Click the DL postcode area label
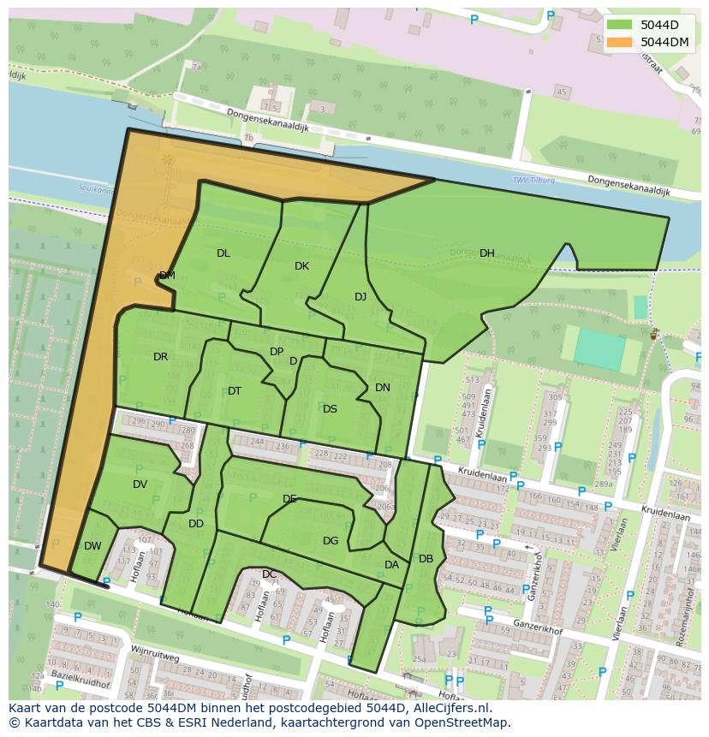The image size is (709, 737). click(x=223, y=253)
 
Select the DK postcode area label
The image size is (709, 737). click(x=301, y=266)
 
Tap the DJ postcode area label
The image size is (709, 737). click(x=360, y=297)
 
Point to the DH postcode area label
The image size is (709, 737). click(x=486, y=253)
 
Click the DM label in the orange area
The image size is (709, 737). click(x=167, y=276)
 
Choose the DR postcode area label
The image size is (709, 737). click(x=160, y=357)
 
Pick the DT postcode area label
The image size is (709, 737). click(x=235, y=391)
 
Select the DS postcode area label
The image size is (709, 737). click(x=330, y=409)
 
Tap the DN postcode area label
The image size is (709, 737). click(x=383, y=388)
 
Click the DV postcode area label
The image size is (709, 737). click(x=140, y=484)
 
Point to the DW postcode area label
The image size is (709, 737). click(x=92, y=546)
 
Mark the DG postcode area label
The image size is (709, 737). click(x=331, y=541)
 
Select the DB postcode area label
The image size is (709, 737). click(x=426, y=559)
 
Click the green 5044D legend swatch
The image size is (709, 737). click(x=620, y=24)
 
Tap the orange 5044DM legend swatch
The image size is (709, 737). click(x=620, y=41)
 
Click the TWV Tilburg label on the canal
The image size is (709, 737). click(x=533, y=181)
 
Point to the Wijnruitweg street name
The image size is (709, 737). click(x=155, y=656)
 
